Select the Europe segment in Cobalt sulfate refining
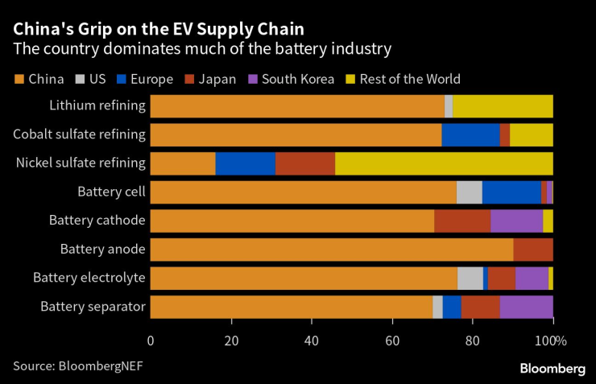click(470, 134)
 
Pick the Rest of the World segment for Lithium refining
click(503, 105)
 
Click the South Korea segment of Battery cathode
click(516, 221)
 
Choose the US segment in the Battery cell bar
click(469, 192)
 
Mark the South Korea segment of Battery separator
click(526, 307)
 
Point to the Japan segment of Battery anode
click(533, 250)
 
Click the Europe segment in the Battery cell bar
click(511, 192)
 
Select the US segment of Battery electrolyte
click(470, 278)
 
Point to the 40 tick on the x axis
click(312, 340)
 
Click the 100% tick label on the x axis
click(553, 340)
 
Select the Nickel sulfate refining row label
click(81, 163)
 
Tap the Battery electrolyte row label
click(89, 278)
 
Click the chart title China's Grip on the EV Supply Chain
click(158, 29)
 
